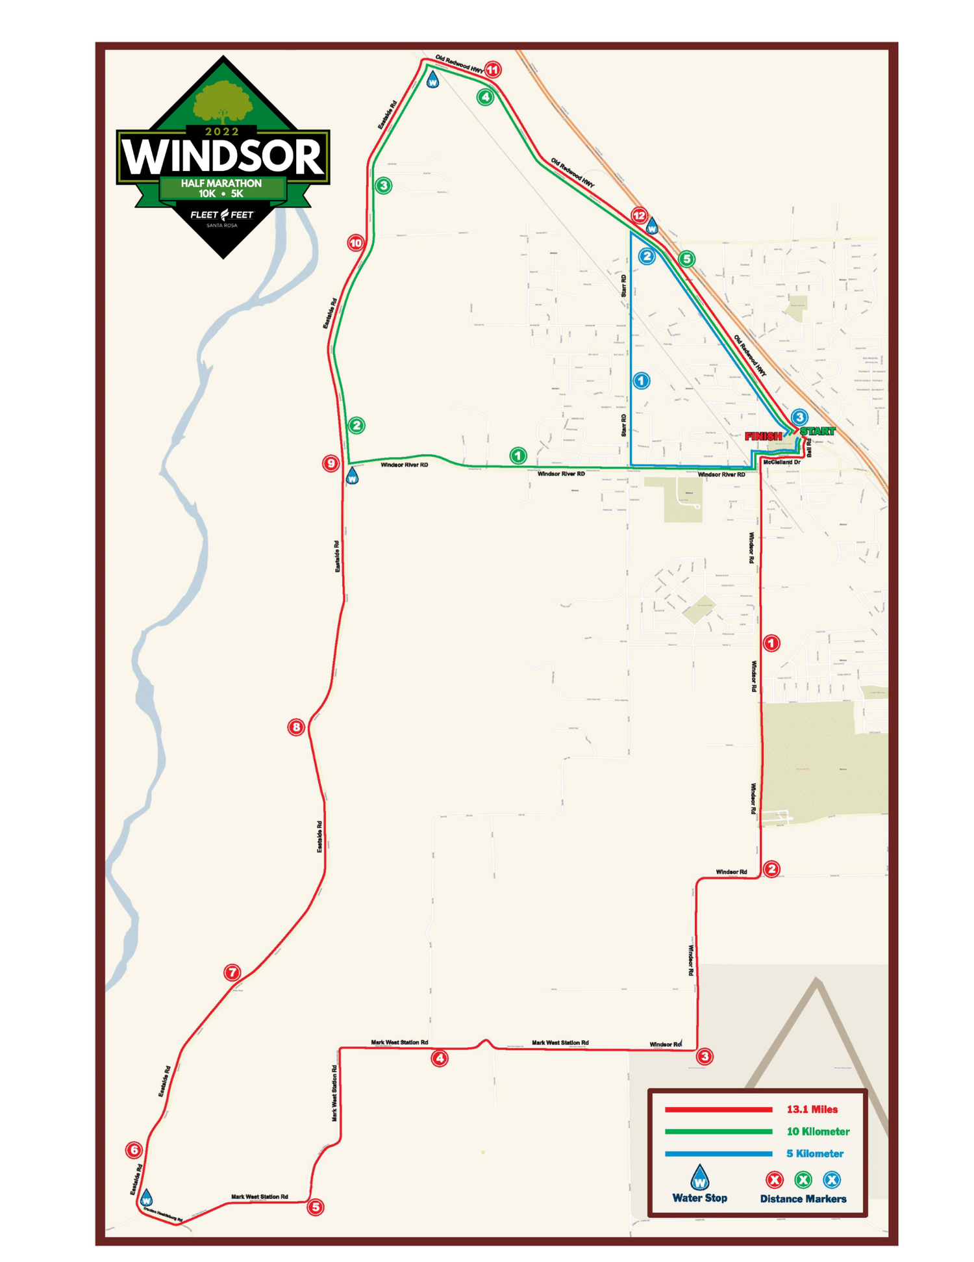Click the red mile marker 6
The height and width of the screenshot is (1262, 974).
(134, 1150)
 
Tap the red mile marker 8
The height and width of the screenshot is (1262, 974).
(296, 727)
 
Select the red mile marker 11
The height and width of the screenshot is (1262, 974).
(492, 70)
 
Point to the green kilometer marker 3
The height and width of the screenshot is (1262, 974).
(384, 186)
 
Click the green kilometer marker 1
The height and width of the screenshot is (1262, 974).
(518, 456)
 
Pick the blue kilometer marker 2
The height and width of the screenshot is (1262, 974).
(647, 256)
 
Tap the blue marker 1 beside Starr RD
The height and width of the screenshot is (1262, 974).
(641, 381)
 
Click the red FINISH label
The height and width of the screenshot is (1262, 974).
(763, 437)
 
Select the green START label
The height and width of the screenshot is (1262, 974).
(818, 431)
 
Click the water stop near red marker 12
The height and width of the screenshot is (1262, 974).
(652, 227)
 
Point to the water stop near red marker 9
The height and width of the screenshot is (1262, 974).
(352, 476)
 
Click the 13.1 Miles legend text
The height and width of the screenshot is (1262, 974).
(812, 1109)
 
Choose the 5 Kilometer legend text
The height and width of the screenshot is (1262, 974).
(815, 1153)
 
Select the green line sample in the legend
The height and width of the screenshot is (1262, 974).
(718, 1131)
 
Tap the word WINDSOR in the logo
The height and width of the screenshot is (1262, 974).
(223, 157)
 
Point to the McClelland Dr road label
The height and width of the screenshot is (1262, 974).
(781, 462)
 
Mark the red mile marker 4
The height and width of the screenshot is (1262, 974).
(440, 1058)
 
